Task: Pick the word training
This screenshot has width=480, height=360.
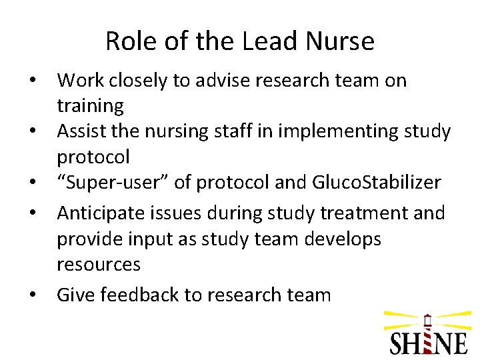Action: tap(90, 106)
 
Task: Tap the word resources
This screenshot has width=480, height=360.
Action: tap(99, 265)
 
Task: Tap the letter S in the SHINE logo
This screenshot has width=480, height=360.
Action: tap(398, 341)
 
